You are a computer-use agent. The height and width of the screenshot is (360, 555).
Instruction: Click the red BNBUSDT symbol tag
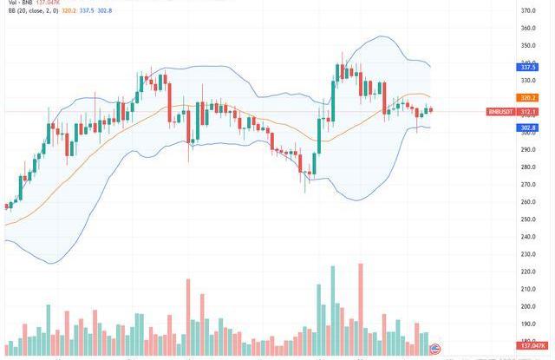coord(501,111)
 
